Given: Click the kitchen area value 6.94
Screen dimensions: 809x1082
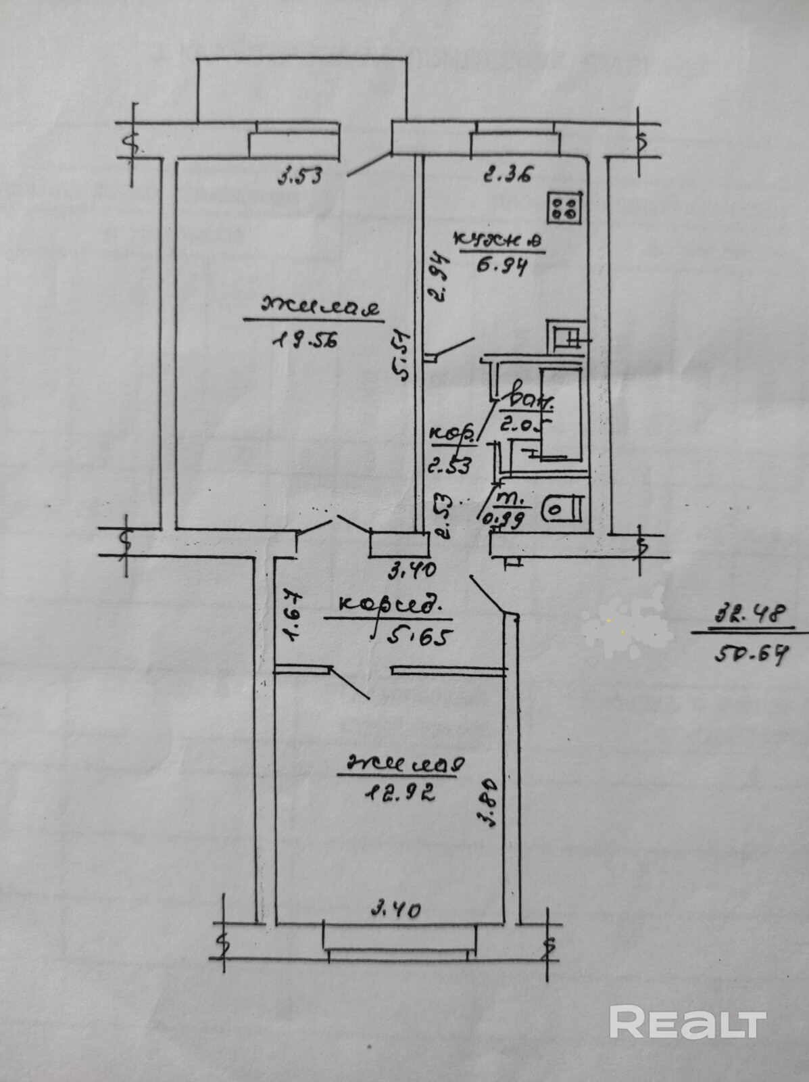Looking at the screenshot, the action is pyautogui.click(x=501, y=264).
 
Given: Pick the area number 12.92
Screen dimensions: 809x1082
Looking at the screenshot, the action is pyautogui.click(x=397, y=792).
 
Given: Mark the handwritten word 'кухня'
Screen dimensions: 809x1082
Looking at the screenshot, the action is pyautogui.click(x=498, y=241).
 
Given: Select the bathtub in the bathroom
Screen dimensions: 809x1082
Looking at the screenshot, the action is pyautogui.click(x=560, y=411).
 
